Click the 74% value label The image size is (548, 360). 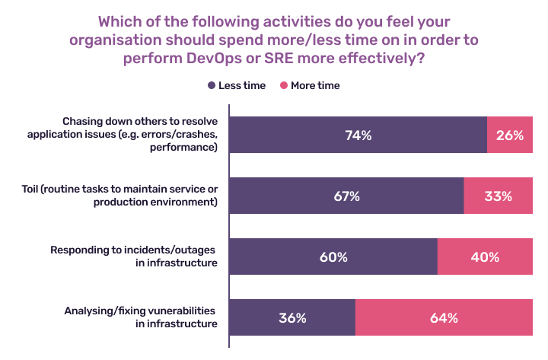pyautogui.click(x=357, y=135)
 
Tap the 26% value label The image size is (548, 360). pyautogui.click(x=510, y=135)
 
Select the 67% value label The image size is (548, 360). pyautogui.click(x=346, y=196)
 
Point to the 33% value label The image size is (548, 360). pyautogui.click(x=499, y=196)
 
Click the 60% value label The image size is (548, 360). pyautogui.click(x=333, y=257)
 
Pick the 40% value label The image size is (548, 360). pyautogui.click(x=486, y=257)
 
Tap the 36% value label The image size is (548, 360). pyautogui.click(x=292, y=318)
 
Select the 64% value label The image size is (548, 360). pyautogui.click(x=444, y=318)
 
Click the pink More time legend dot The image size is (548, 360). pyautogui.click(x=285, y=86)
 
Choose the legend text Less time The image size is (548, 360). pyautogui.click(x=242, y=86)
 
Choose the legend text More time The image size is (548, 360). pyautogui.click(x=315, y=86)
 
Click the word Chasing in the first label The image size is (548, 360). pyautogui.click(x=82, y=122)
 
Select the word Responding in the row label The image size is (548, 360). pyautogui.click(x=79, y=250)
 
